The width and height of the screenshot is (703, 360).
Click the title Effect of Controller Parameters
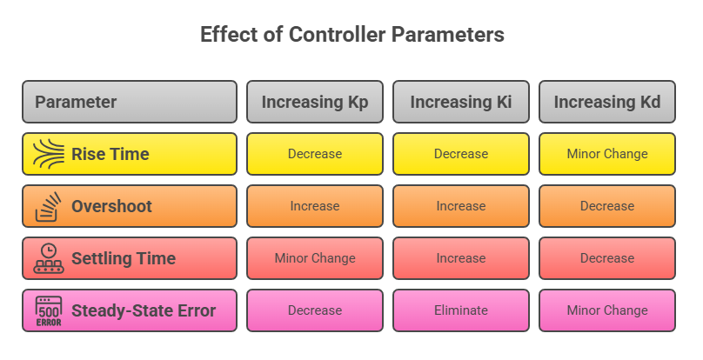click(x=352, y=35)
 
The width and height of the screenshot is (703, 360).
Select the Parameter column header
click(x=130, y=102)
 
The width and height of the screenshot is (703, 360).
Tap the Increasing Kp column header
click(x=315, y=102)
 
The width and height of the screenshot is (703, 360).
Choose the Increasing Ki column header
click(x=461, y=102)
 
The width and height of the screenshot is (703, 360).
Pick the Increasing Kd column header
click(x=607, y=102)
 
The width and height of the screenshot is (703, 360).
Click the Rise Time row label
click(x=110, y=154)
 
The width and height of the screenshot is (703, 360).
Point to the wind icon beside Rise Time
click(x=49, y=154)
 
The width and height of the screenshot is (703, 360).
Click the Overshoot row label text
click(x=111, y=206)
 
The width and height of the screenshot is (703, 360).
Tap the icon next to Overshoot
click(x=48, y=206)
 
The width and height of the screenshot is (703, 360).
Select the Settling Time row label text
click(x=124, y=258)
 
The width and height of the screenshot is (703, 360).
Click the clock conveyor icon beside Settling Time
click(x=49, y=258)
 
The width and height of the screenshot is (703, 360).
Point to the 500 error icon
click(x=49, y=310)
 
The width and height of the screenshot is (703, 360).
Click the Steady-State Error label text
click(x=144, y=310)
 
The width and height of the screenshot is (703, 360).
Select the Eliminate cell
click(x=461, y=310)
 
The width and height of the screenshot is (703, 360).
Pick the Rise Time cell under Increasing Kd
click(x=607, y=154)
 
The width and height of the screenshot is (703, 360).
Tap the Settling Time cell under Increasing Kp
click(x=315, y=258)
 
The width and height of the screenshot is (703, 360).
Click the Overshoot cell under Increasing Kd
click(x=607, y=206)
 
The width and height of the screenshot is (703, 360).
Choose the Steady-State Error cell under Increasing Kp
click(x=315, y=310)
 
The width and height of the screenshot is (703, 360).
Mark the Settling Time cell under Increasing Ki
click(x=461, y=258)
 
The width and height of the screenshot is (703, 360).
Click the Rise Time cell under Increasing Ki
click(x=461, y=154)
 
